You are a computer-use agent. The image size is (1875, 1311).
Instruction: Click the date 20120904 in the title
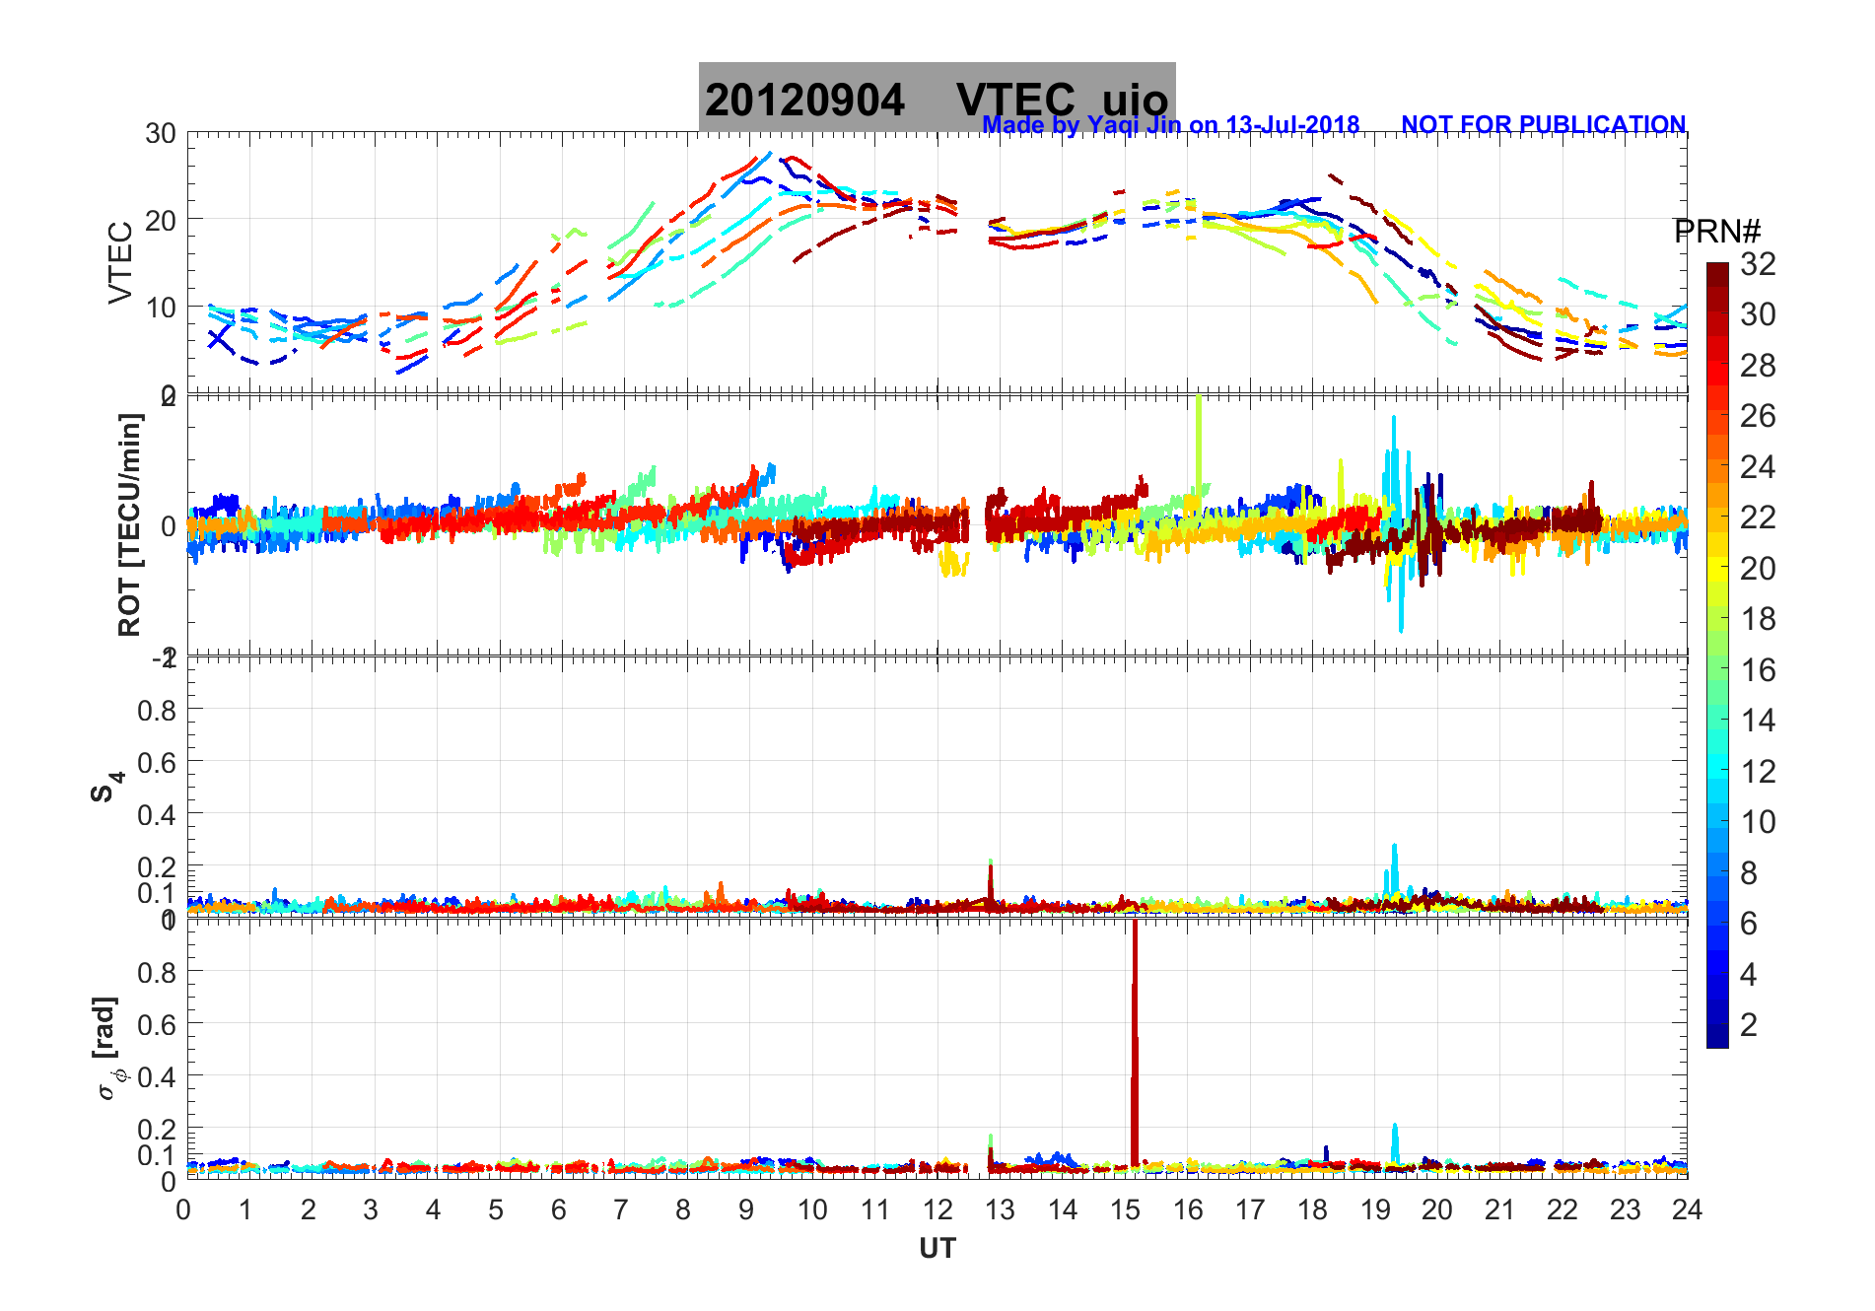pyautogui.click(x=804, y=101)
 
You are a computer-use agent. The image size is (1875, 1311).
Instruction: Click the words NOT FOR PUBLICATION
pyautogui.click(x=1543, y=125)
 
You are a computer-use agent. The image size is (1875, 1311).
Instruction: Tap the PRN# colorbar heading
pyautogui.click(x=1717, y=232)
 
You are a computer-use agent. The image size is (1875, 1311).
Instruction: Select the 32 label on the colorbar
pyautogui.click(x=1758, y=263)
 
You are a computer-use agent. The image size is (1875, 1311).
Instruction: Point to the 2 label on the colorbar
pyautogui.click(x=1749, y=1025)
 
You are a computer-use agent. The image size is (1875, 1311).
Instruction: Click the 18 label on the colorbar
pyautogui.click(x=1758, y=619)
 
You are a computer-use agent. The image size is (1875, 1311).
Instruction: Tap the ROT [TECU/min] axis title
pyautogui.click(x=129, y=524)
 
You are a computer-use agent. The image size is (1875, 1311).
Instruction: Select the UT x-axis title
pyautogui.click(x=937, y=1249)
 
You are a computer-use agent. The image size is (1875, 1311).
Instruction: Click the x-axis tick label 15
pyautogui.click(x=1125, y=1209)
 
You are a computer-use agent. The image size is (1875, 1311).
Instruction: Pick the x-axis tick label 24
pyautogui.click(x=1687, y=1209)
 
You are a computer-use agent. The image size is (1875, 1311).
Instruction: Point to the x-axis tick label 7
pyautogui.click(x=620, y=1209)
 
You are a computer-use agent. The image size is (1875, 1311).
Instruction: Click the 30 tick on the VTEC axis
pyautogui.click(x=161, y=134)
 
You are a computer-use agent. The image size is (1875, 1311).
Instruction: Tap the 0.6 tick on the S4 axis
pyautogui.click(x=156, y=762)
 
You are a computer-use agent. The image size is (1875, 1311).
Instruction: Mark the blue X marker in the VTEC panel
pyautogui.click(x=218, y=338)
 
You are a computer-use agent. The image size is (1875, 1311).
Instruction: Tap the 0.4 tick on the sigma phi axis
pyautogui.click(x=156, y=1076)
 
